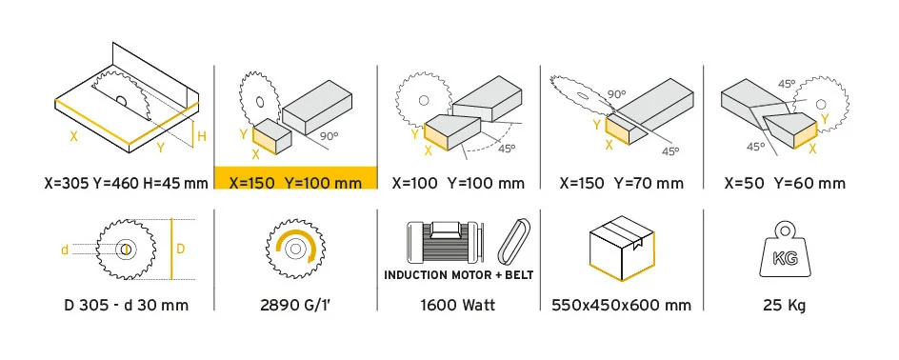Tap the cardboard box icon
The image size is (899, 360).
tap(622, 249)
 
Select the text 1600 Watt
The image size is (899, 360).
tap(458, 305)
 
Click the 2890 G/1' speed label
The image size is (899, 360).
tap(295, 305)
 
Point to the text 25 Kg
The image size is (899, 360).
tap(785, 306)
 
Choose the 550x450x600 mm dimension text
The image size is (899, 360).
tap(621, 305)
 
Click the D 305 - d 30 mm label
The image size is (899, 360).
tap(126, 305)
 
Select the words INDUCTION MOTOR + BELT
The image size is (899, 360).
tap(459, 275)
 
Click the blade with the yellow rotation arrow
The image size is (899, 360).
tap(295, 249)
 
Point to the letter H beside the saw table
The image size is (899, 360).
tap(202, 136)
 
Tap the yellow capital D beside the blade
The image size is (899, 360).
tap(180, 249)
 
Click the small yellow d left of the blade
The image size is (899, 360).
tap(65, 250)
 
